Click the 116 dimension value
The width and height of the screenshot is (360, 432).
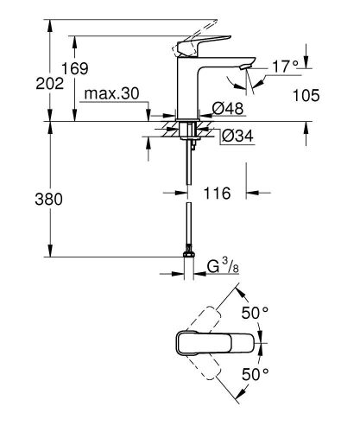click(218, 194)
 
